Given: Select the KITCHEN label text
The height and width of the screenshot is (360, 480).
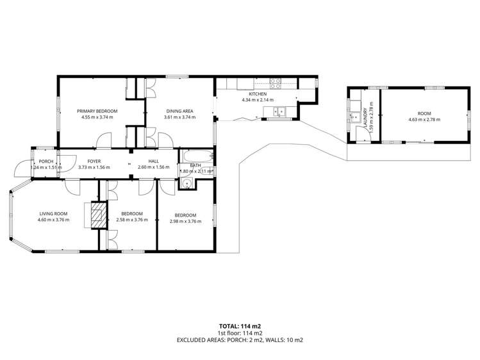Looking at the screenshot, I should tap(258, 94).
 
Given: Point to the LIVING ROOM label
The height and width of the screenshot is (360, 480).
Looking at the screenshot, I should tap(53, 214).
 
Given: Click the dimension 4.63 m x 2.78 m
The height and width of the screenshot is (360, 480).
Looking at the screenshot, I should tap(425, 119).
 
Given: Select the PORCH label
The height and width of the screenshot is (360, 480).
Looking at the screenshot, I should tap(46, 161).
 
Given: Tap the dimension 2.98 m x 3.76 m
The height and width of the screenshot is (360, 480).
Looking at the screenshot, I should tap(185, 221).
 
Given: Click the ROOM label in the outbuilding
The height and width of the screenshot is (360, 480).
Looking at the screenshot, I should tap(424, 113).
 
